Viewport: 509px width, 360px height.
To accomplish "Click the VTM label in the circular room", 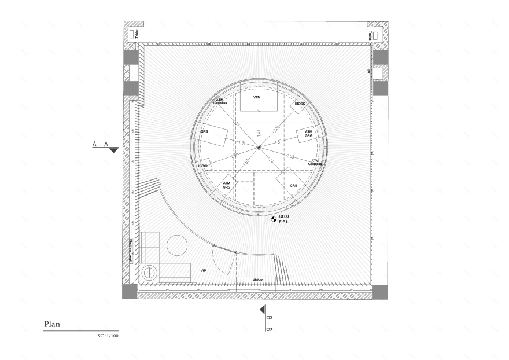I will pos(257,98).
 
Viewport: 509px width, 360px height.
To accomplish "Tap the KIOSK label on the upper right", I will pos(300,104).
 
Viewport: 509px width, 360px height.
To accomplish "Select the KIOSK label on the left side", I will pos(203,166).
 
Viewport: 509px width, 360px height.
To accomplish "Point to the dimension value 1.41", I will pos(259,133).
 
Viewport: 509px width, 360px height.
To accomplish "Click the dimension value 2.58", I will pos(291,157).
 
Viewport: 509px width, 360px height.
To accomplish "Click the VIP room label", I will pos(203,270).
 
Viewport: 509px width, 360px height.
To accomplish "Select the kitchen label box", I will pos(257,280).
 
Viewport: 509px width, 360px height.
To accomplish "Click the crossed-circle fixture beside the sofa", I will pos(149,272).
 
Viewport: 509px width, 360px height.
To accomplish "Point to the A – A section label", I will pos(100,144).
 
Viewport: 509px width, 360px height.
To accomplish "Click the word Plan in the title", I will pos(52,325).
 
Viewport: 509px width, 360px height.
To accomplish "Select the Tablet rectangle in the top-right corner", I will pos(374,35).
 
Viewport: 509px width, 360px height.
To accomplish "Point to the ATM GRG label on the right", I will pos(308,134).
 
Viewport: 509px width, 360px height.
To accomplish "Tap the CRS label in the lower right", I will pos(293,186).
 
